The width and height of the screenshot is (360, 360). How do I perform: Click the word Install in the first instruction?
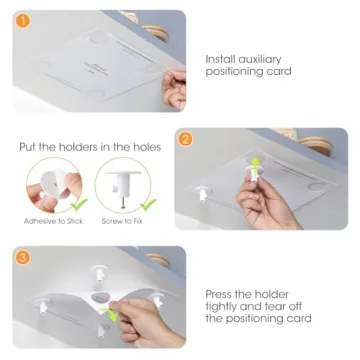point(221,59)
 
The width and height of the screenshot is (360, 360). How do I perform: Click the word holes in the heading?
point(151,147)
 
